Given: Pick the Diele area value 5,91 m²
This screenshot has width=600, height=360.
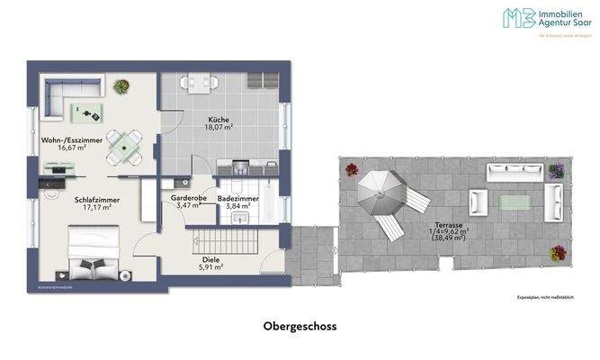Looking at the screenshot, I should pyautogui.click(x=211, y=266).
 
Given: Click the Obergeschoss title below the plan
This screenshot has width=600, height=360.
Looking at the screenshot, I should pyautogui.click(x=300, y=327).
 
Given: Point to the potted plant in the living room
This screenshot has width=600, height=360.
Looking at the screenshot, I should pyautogui.click(x=121, y=85).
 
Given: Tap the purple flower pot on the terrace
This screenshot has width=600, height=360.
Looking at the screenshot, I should pyautogui.click(x=557, y=170).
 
